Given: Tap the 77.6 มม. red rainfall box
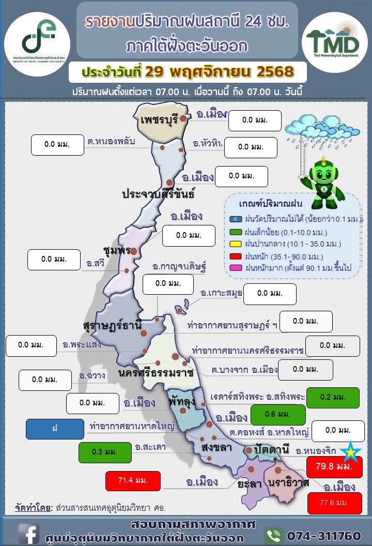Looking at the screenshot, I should [x=334, y=503].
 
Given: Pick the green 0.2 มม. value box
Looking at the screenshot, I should [x=332, y=397].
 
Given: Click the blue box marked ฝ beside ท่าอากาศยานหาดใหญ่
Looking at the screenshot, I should [x=55, y=429].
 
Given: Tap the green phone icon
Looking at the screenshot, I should [x=273, y=535].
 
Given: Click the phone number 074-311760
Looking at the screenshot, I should [x=323, y=535].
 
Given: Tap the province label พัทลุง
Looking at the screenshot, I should [x=180, y=401].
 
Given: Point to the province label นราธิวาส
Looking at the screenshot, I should [x=289, y=482].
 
